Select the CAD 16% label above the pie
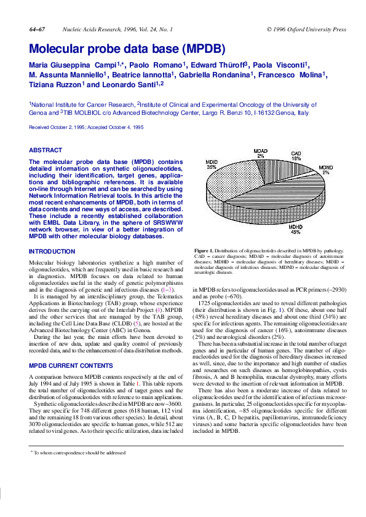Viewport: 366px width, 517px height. point(296,155)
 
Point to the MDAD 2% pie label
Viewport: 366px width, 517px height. point(261,153)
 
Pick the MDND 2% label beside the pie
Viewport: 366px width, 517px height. point(325,170)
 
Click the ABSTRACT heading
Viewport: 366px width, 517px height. point(46,150)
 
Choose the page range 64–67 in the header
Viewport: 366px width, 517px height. point(36,29)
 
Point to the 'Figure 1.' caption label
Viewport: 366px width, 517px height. point(202,251)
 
